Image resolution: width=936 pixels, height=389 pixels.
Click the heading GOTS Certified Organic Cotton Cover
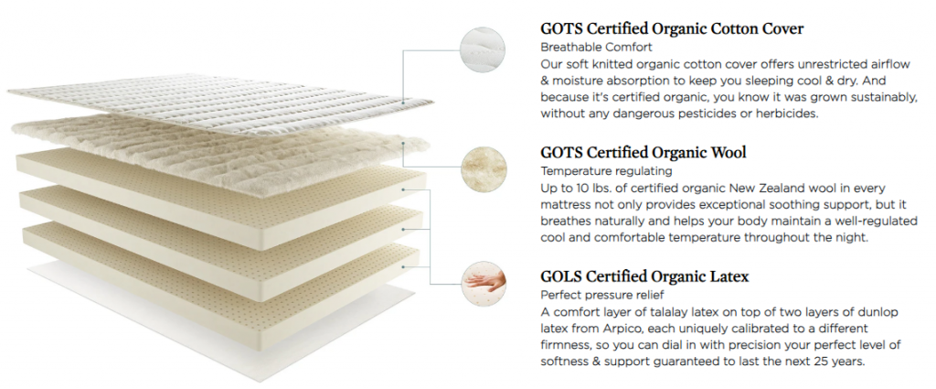click(672, 28)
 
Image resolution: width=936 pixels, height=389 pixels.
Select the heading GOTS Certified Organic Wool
click(643, 152)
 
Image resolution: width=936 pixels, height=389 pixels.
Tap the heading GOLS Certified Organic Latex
click(644, 276)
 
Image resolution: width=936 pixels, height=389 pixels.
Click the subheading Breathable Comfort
click(596, 47)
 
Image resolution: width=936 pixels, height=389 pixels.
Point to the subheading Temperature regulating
click(607, 171)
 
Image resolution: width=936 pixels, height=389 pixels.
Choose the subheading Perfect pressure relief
click(602, 296)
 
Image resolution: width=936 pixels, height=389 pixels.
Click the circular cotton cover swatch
click(483, 50)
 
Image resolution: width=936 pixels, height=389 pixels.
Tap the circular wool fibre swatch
click(484, 169)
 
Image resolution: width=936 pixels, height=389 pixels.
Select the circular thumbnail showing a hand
click(484, 284)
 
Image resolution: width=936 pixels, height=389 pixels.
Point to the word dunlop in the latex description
click(877, 312)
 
